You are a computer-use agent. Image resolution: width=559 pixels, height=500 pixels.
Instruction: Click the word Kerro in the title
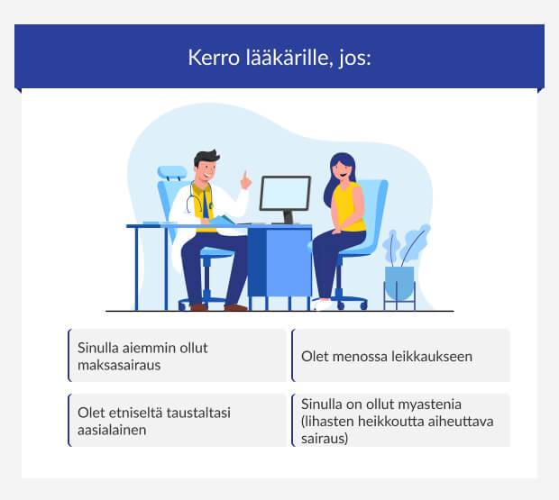[210, 58]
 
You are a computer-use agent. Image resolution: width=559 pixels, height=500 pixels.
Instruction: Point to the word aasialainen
[113, 430]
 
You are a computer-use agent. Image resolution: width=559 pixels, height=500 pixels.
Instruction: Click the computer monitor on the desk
[285, 195]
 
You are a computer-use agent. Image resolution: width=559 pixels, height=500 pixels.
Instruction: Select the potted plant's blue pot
[399, 282]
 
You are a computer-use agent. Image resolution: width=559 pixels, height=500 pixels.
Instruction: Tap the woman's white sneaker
[323, 305]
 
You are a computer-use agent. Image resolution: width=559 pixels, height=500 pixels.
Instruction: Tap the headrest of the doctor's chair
[171, 172]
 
